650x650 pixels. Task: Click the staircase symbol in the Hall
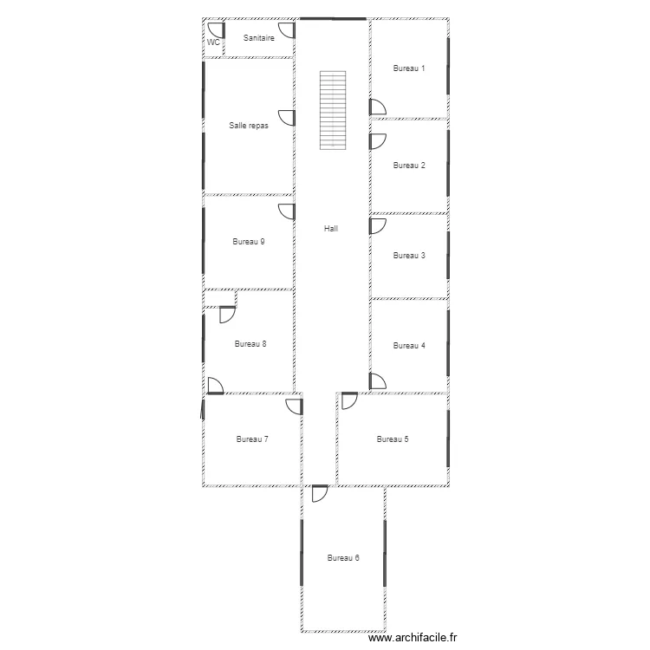[333, 110]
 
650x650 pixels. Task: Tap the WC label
[213, 42]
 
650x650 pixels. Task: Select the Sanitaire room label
[258, 38]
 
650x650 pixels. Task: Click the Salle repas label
[249, 125]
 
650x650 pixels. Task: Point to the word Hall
[331, 229]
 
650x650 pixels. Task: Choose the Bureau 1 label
[409, 68]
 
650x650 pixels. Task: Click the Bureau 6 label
[343, 558]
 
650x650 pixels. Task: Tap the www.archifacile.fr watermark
[413, 638]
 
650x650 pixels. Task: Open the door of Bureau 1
[378, 107]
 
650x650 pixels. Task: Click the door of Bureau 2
[378, 141]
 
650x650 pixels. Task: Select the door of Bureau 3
[378, 226]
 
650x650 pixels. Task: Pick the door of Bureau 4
[378, 381]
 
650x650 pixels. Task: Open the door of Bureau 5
[349, 401]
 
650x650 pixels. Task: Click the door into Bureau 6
[320, 494]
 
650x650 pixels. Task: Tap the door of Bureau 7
[295, 406]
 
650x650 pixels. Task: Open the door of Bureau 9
[287, 211]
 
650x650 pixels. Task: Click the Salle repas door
[287, 118]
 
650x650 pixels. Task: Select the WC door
[216, 30]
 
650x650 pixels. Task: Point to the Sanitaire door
[287, 30]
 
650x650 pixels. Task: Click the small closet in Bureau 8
[220, 299]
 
